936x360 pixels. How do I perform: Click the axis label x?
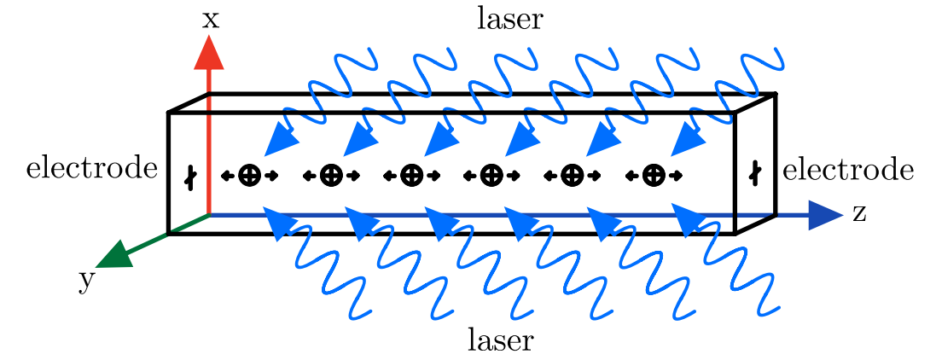click(210, 19)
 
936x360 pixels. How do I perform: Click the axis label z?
click(858, 213)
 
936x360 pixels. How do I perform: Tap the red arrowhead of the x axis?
click(209, 53)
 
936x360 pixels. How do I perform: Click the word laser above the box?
click(509, 19)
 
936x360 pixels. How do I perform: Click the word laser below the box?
click(501, 340)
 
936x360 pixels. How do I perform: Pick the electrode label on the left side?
click(92, 168)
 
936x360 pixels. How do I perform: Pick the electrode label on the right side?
click(847, 171)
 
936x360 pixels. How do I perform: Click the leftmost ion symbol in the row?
click(249, 176)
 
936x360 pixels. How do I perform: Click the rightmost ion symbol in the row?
click(654, 176)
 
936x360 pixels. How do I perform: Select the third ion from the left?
click(411, 176)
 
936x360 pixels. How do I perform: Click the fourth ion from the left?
click(491, 176)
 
